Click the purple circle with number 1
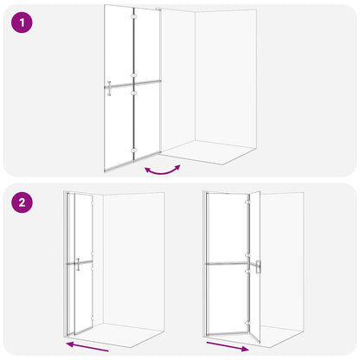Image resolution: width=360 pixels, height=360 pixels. tap(22, 22)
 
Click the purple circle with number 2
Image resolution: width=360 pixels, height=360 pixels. tap(22, 202)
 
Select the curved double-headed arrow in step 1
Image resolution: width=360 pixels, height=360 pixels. tap(163, 172)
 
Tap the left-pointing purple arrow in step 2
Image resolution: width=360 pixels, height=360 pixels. tap(87, 346)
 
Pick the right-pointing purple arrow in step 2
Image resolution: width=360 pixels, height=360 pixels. tap(228, 347)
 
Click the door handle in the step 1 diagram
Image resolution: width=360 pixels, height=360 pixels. tap(109, 88)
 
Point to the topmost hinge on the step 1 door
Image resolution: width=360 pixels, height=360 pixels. tap(133, 17)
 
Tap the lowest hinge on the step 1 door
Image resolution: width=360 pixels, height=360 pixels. tap(133, 151)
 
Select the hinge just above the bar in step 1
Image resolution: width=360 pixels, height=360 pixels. tap(133, 75)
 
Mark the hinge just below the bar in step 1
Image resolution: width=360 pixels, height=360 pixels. tap(133, 93)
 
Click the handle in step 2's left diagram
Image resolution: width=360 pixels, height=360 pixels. tap(78, 265)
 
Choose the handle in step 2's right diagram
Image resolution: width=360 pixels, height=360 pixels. tap(258, 267)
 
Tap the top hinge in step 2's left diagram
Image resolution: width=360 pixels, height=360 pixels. tap(92, 203)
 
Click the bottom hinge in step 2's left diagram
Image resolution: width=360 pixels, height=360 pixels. tap(92, 318)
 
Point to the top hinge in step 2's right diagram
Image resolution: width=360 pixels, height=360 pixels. tap(247, 202)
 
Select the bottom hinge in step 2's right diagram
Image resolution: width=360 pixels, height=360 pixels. tap(247, 324)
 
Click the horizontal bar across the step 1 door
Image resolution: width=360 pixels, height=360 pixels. tap(132, 84)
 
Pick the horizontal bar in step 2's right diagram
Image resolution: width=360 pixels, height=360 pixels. tap(227, 263)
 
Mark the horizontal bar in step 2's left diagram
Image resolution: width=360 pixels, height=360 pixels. tap(80, 262)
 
